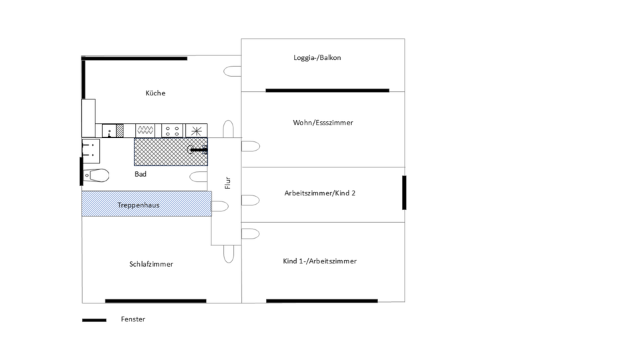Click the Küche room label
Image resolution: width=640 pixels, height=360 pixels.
click(x=155, y=93)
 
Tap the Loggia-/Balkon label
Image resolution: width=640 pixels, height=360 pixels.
click(x=317, y=58)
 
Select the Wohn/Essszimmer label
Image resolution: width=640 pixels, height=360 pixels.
click(x=323, y=123)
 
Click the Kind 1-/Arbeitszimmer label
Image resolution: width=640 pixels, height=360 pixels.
click(x=319, y=261)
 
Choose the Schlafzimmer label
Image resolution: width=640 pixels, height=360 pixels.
click(x=151, y=264)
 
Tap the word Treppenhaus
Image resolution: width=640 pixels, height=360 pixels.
click(x=139, y=205)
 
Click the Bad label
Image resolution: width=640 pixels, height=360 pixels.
click(x=141, y=174)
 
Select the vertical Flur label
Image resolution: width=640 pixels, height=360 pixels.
click(x=227, y=183)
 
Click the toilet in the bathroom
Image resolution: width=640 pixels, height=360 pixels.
click(x=97, y=176)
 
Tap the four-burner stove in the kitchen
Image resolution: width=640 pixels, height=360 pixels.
click(x=171, y=131)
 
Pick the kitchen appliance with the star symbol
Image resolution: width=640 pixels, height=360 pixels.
click(x=196, y=131)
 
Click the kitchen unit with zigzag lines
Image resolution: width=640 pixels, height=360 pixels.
click(x=145, y=131)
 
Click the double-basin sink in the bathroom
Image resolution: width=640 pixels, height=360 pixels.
click(x=90, y=151)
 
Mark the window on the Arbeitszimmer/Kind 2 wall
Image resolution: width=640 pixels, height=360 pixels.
click(x=404, y=193)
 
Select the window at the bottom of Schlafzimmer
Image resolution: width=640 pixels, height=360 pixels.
click(x=155, y=301)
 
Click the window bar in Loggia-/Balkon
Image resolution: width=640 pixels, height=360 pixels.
click(x=327, y=90)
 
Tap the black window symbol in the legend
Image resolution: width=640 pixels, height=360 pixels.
click(x=94, y=320)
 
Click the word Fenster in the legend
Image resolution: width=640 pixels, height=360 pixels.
click(x=133, y=319)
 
